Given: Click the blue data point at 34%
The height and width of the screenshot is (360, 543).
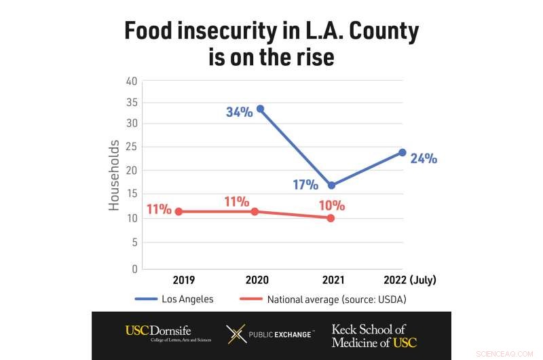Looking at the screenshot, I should coord(260,109).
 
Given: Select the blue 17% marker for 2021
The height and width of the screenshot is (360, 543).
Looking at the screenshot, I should coord(331,185).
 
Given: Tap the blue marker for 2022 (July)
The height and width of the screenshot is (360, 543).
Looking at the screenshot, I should coord(402,152).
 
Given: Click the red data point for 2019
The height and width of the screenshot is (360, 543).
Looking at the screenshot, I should coord(179,211).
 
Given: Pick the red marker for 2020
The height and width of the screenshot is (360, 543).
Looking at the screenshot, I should coord(255,211).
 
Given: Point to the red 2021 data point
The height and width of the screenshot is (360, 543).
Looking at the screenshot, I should coord(331,218).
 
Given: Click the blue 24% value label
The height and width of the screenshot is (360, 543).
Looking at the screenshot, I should coord(424,158).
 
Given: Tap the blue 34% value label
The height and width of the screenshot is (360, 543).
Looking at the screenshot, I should coord(239,112).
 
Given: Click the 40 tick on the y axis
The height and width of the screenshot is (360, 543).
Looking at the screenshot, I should coord(131,81).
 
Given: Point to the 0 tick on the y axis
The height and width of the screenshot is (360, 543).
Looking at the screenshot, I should coord(134,269).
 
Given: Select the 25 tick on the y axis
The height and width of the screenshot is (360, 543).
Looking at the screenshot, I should coord(131,147).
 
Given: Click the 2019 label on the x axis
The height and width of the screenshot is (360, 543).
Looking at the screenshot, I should coord(183,280).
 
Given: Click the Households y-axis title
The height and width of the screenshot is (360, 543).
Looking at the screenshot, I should coord(114,175).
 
